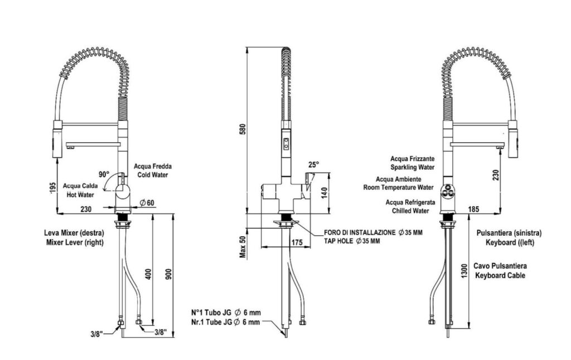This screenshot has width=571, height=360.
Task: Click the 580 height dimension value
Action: tap(243, 129)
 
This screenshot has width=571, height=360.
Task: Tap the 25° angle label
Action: tap(313, 164)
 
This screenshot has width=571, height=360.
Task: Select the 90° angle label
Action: tap(104, 174)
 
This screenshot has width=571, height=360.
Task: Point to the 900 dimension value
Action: tap(168, 274)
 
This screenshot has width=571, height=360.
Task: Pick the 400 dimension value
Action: tap(148, 274)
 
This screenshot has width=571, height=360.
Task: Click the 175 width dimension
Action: tap(297, 242)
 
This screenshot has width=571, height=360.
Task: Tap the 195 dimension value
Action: tap(54, 188)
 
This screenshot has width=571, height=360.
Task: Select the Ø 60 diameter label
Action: tap(147, 202)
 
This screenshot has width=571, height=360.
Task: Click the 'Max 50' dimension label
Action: tap(243, 246)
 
